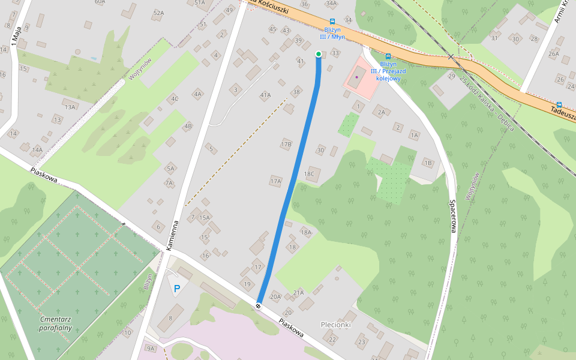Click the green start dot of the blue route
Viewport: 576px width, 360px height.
tap(319, 54)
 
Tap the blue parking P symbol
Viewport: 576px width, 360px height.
tap(177, 289)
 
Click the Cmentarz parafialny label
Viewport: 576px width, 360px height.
tap(55, 323)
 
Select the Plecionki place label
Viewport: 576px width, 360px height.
tap(335, 324)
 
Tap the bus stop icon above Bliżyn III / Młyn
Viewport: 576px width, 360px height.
tap(332, 21)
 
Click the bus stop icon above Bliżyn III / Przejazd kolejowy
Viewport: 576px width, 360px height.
tap(388, 56)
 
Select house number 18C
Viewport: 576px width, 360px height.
tap(309, 174)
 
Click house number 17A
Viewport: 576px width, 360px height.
tap(275, 181)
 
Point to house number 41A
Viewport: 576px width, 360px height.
tap(265, 95)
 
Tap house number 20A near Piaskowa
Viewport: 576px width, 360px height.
tap(275, 296)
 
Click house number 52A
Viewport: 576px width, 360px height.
tap(158, 13)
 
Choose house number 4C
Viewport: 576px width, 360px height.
tap(175, 99)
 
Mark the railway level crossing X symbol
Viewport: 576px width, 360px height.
tap(451, 57)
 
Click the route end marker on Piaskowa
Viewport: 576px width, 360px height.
tap(258, 306)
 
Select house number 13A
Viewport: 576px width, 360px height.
tap(70, 107)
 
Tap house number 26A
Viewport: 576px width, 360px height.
tap(553, 53)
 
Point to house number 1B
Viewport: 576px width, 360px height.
tap(428, 163)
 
